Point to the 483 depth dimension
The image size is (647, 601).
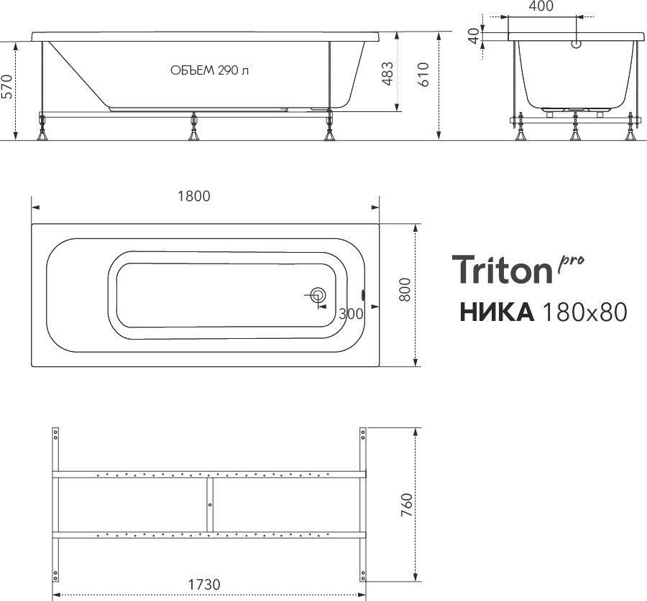click(x=387, y=73)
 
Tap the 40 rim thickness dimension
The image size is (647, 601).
click(x=473, y=37)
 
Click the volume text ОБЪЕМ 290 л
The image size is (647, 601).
click(x=211, y=70)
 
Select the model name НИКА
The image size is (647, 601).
click(x=495, y=312)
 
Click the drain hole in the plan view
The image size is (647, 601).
click(x=316, y=295)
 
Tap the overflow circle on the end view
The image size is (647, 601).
click(x=576, y=44)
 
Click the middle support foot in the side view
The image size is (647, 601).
click(x=193, y=132)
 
